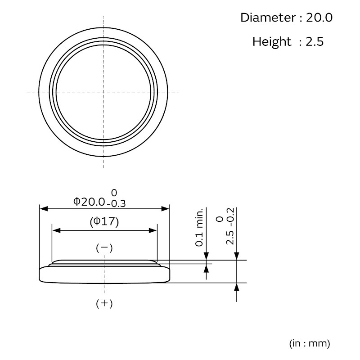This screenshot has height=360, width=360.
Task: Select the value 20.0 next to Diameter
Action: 319,18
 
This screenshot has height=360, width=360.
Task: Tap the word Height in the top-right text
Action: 272,41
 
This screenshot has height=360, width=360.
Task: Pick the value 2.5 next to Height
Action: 315,41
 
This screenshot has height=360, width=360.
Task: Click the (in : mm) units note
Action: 310,343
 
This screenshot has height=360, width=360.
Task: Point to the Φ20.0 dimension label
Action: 89,202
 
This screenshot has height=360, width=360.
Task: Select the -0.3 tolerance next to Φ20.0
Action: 117,204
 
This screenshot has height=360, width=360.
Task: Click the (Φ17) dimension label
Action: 104,222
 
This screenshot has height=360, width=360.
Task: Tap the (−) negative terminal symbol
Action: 104,248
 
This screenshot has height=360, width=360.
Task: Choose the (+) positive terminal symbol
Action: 104,303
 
